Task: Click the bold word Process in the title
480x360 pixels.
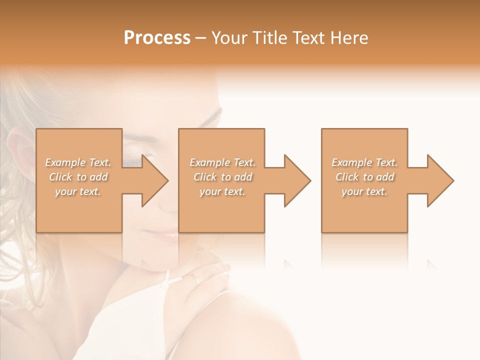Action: click(x=157, y=38)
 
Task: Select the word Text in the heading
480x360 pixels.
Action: click(x=309, y=38)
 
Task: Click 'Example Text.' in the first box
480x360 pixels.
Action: click(x=78, y=162)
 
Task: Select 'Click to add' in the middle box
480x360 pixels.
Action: click(x=222, y=177)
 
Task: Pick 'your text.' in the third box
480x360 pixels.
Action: click(x=364, y=191)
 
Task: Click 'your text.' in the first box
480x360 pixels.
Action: click(x=78, y=191)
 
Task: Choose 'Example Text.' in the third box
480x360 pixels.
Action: click(x=364, y=162)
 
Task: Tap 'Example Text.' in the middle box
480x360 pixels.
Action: click(x=222, y=162)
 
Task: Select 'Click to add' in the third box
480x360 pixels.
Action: click(x=364, y=177)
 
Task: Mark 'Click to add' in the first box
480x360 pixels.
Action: click(x=78, y=177)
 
